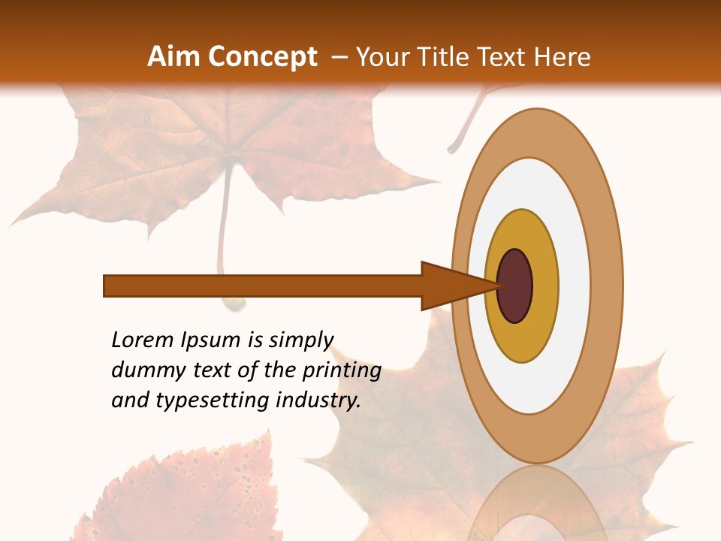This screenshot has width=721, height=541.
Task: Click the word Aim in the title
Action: pyautogui.click(x=174, y=57)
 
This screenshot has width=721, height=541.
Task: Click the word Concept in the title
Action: pyautogui.click(x=262, y=57)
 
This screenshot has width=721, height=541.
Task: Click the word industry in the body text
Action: pyautogui.click(x=318, y=400)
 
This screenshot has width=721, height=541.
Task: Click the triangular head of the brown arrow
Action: pyautogui.click(x=451, y=286)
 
